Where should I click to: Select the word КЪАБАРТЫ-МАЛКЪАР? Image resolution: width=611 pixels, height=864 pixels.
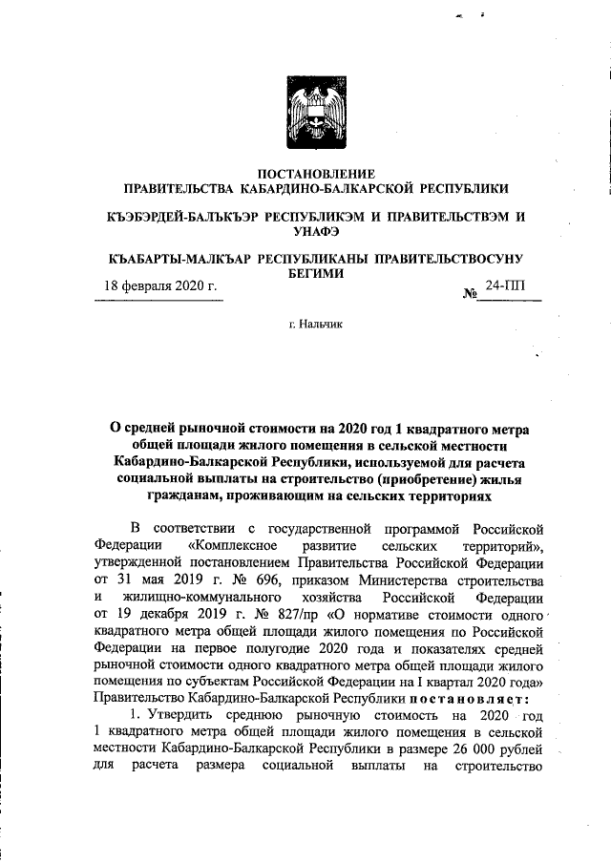click(x=178, y=259)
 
